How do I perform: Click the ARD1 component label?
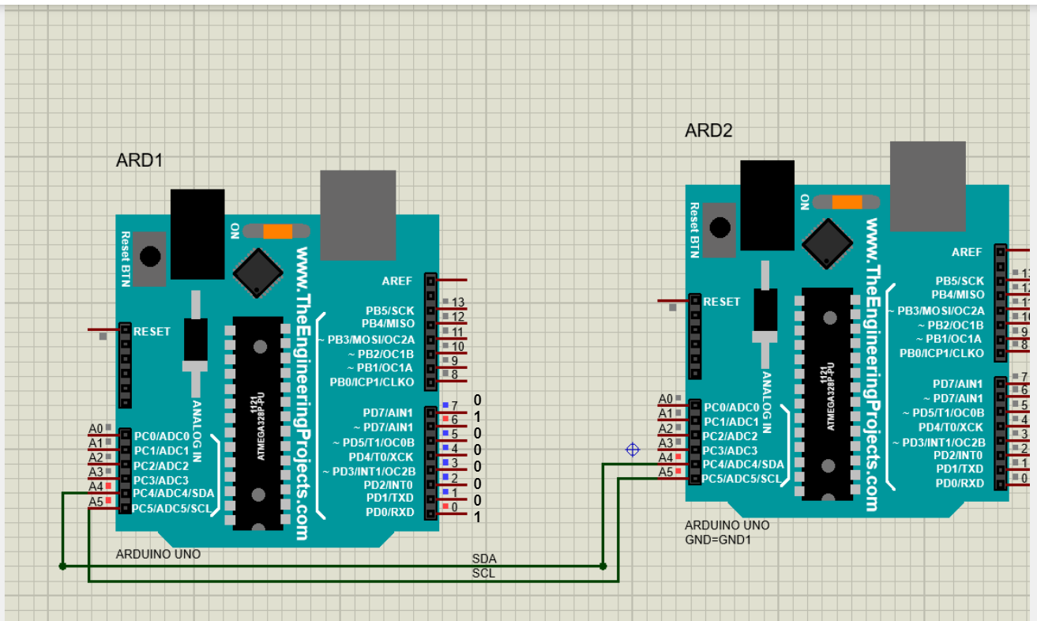(139, 160)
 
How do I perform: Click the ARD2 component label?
(708, 131)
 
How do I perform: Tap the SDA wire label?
(484, 559)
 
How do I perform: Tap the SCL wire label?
(483, 573)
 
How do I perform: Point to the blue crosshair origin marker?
(632, 450)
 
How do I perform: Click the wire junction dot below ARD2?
(603, 566)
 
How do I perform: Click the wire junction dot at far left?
(62, 566)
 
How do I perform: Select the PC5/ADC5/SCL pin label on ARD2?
(743, 479)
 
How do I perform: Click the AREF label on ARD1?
(397, 280)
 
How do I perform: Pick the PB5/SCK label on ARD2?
(960, 280)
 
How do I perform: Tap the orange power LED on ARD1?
(277, 231)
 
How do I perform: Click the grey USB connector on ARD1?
(358, 214)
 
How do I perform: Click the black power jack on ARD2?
(767, 205)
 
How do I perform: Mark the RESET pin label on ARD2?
(721, 302)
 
